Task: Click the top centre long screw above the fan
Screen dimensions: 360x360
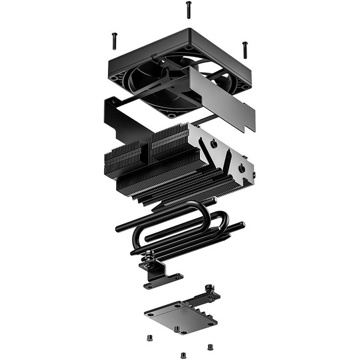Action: pyautogui.click(x=188, y=9)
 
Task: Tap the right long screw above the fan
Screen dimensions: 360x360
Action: pyautogui.click(x=244, y=49)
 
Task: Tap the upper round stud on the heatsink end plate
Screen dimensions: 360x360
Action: pyautogui.click(x=213, y=145)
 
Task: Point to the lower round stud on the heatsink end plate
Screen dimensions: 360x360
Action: pyautogui.click(x=241, y=169)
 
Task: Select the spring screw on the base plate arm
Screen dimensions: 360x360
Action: pyautogui.click(x=211, y=289)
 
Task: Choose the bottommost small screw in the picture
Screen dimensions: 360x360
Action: pyautogui.click(x=183, y=354)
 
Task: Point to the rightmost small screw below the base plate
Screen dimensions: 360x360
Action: pyautogui.click(x=210, y=347)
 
